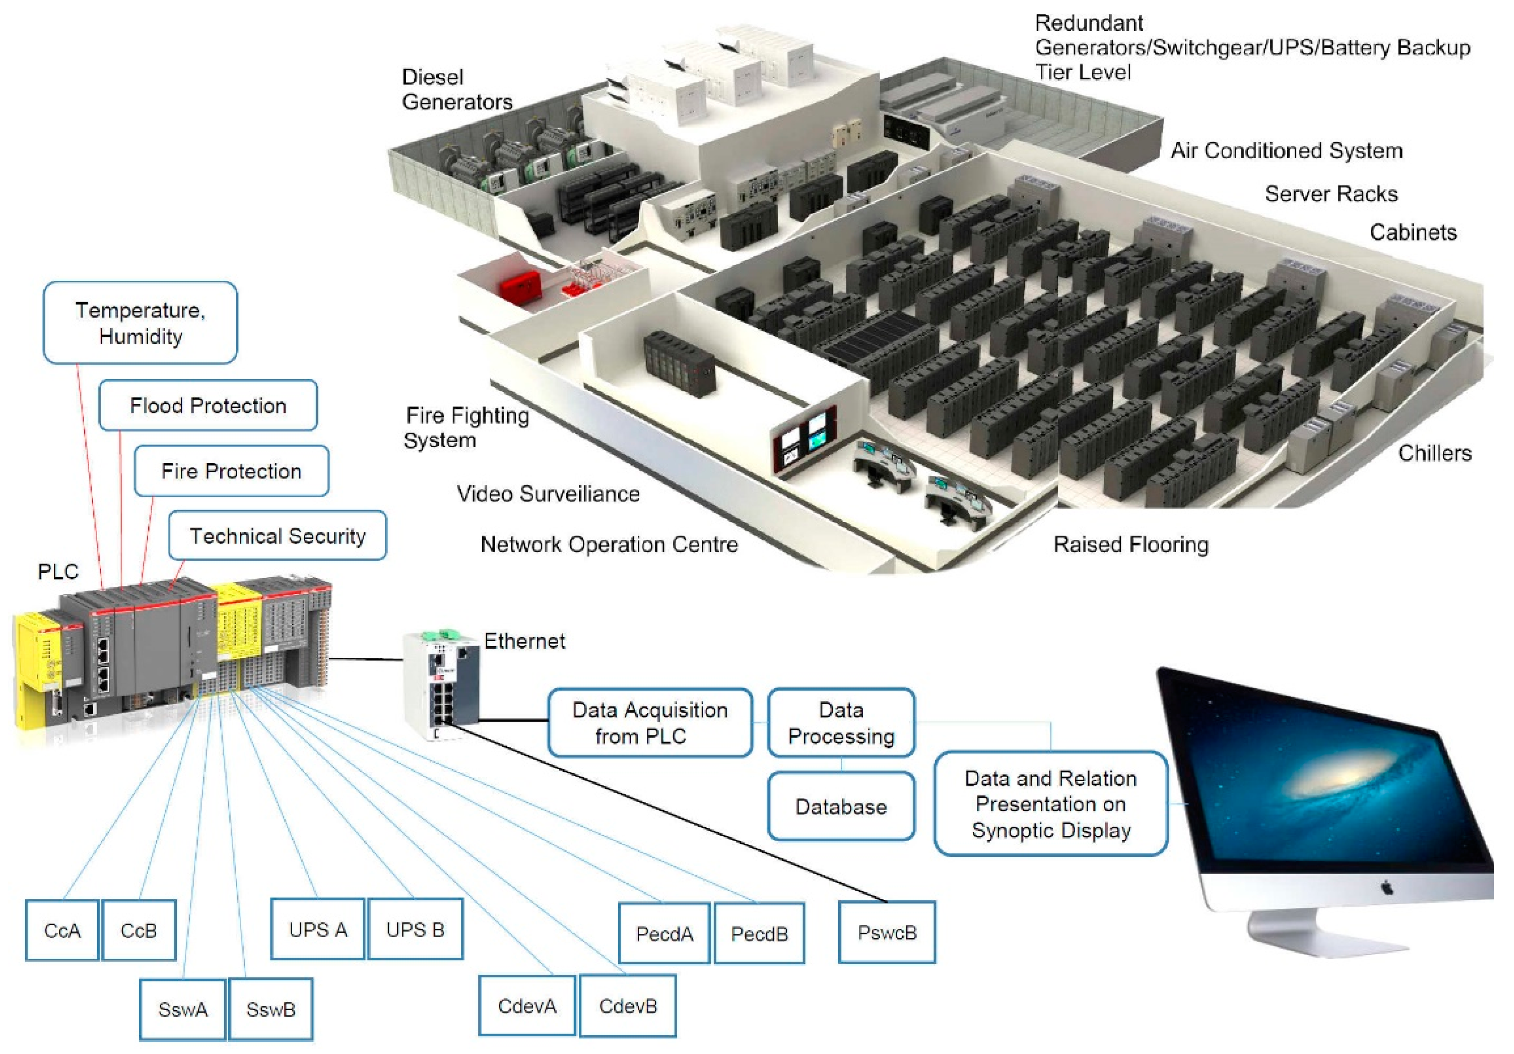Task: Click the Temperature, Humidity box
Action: click(140, 322)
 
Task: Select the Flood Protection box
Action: click(208, 405)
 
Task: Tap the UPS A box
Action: click(317, 929)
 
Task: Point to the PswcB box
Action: click(887, 932)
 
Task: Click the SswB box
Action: click(271, 1008)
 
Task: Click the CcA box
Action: click(62, 930)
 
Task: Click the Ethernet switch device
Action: click(440, 686)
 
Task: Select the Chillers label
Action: click(1434, 453)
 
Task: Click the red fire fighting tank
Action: click(519, 286)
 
